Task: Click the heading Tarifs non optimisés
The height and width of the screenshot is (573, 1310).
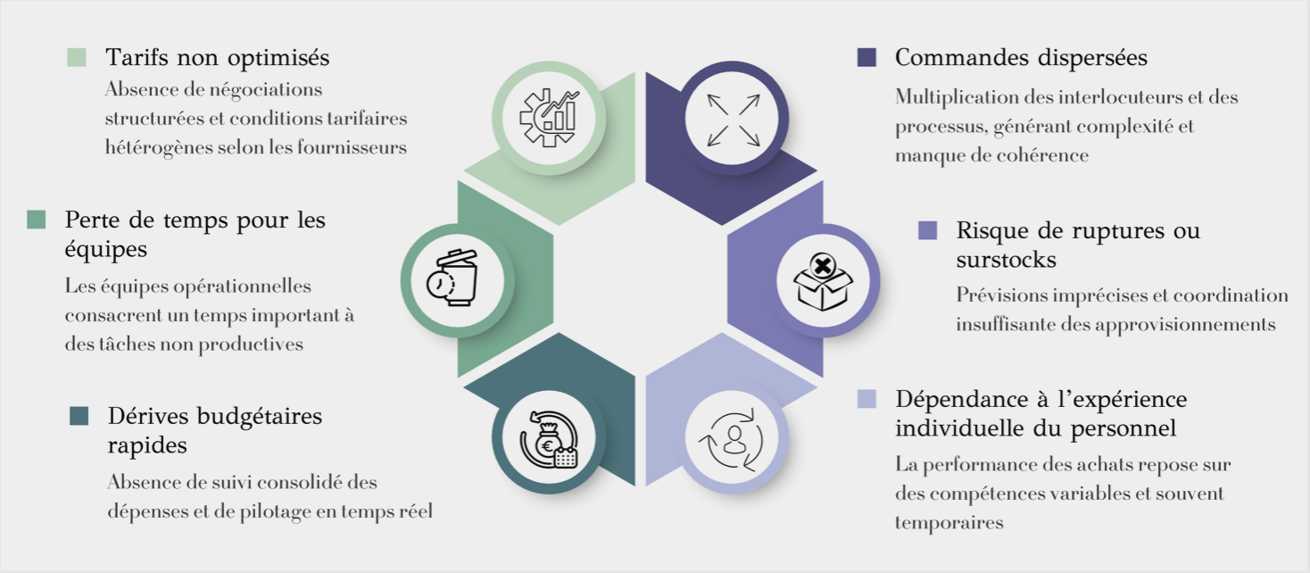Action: coord(217,58)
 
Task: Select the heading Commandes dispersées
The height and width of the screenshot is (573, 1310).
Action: coord(1021,58)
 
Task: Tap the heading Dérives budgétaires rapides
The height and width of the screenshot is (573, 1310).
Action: coord(214,429)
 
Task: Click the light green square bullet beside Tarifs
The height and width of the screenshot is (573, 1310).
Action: coord(77,58)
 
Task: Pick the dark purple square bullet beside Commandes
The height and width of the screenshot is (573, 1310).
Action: coord(866,58)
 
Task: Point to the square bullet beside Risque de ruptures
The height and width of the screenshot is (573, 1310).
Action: coord(927,230)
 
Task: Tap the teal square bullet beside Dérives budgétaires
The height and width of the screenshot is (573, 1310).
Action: coord(79,416)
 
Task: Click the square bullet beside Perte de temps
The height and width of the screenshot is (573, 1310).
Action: coord(37,220)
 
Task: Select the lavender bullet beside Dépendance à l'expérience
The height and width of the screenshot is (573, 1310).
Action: coord(866,398)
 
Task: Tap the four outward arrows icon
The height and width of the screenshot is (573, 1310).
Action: coord(733,120)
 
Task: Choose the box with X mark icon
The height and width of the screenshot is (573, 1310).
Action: coord(823,281)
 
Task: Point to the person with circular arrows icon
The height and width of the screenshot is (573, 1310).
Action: coord(734,439)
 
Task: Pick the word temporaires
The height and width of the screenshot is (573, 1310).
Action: coord(949,522)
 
